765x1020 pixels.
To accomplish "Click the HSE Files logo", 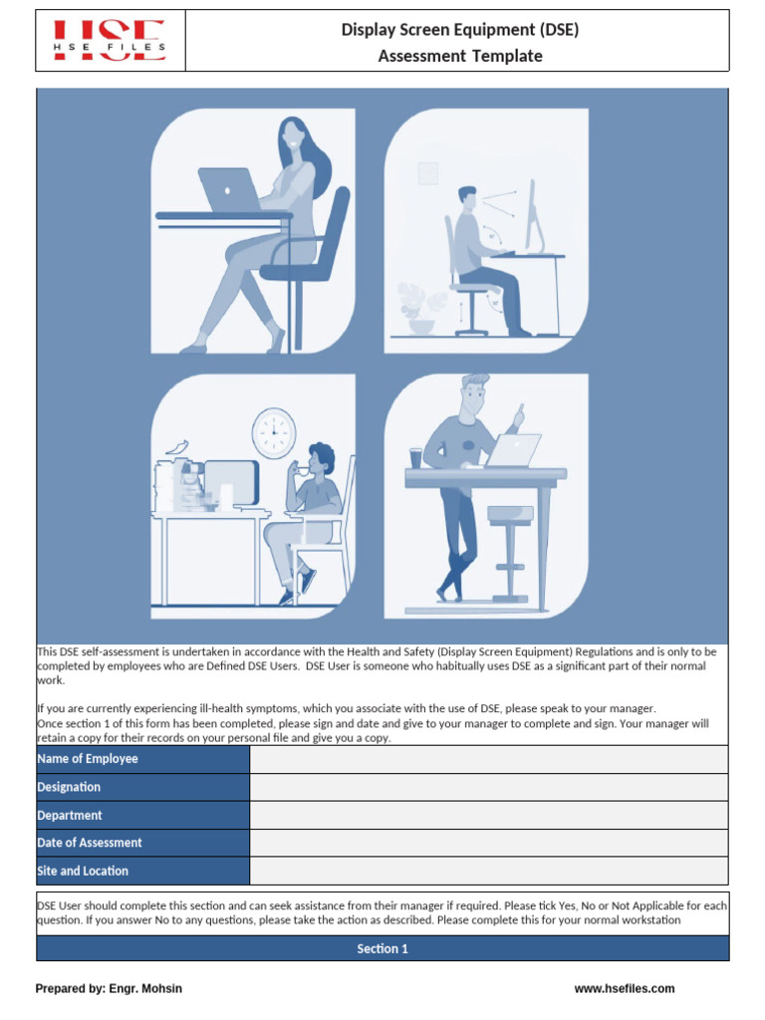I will pyautogui.click(x=110, y=41).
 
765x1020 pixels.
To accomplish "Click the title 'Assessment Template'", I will pyautogui.click(x=460, y=56).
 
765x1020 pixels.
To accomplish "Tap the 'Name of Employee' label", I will pyautogui.click(x=88, y=759).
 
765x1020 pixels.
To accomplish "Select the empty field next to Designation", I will pyautogui.click(x=488, y=787).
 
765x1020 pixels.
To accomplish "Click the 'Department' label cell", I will pyautogui.click(x=70, y=815).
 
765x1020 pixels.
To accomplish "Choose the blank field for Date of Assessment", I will pyautogui.click(x=488, y=843).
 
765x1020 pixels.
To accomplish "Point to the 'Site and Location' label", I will pyautogui.click(x=83, y=871).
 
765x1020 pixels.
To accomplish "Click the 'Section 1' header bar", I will pyautogui.click(x=382, y=949).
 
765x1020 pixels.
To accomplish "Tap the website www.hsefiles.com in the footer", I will pyautogui.click(x=625, y=989).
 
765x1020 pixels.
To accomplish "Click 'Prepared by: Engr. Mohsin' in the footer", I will pyautogui.click(x=109, y=989).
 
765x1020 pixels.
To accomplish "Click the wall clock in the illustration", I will pyautogui.click(x=274, y=433).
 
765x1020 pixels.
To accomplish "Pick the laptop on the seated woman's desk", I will pyautogui.click(x=229, y=189).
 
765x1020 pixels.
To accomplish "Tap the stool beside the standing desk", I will pyautogui.click(x=511, y=548).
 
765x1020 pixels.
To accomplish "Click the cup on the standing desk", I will pyautogui.click(x=416, y=457).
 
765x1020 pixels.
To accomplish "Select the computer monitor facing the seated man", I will pyautogui.click(x=534, y=214).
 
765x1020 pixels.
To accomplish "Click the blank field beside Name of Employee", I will pyautogui.click(x=488, y=759).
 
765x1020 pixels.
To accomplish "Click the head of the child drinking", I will pyautogui.click(x=321, y=460).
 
